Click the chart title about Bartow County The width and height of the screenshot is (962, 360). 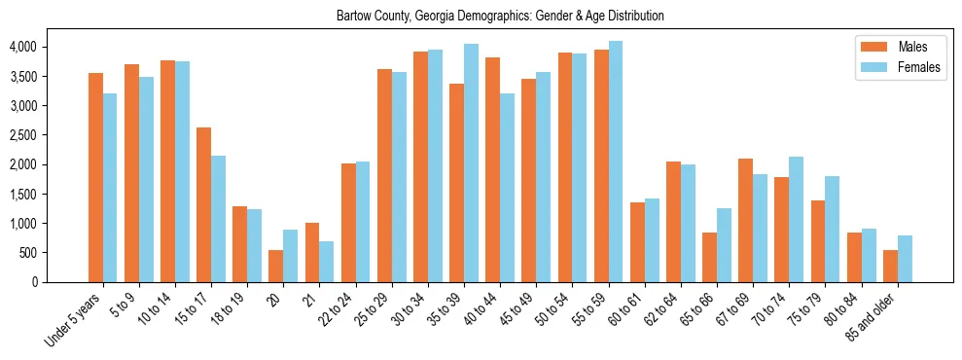500,17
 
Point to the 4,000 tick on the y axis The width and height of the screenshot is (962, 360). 22,47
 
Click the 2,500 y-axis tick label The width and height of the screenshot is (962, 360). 22,135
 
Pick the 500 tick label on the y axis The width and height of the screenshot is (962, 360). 27,253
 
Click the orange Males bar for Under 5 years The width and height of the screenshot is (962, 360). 95,177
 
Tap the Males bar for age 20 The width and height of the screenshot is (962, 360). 276,266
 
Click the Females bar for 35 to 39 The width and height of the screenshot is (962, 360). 472,162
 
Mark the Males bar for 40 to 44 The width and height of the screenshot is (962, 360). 493,169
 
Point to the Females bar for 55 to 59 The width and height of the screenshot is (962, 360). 616,162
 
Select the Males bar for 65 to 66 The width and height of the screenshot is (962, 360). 710,257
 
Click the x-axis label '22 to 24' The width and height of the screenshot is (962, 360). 352,306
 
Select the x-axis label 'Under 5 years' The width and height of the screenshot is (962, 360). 74,320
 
